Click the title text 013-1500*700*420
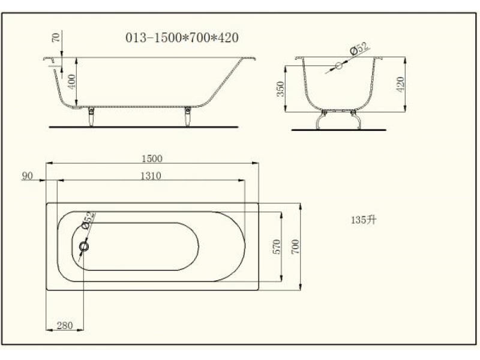point(182,38)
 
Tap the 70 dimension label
point(56,37)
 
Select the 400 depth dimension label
point(71,82)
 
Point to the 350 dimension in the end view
point(280,89)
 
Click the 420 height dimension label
point(400,85)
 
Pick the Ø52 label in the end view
point(359,49)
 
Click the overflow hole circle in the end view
point(338,65)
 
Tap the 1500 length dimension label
point(152,158)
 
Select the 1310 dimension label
point(151,176)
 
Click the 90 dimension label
point(27,176)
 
